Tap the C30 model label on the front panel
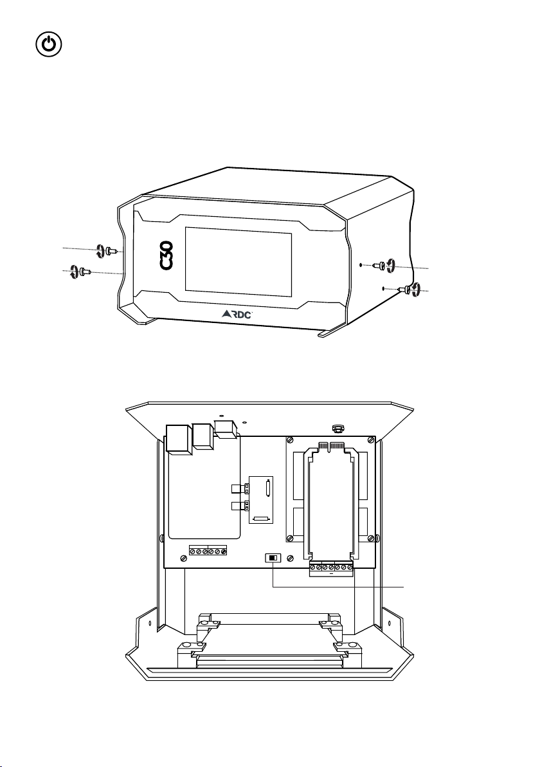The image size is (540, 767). click(x=166, y=255)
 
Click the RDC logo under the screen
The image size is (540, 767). click(x=237, y=314)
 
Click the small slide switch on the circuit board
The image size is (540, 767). click(x=273, y=558)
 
